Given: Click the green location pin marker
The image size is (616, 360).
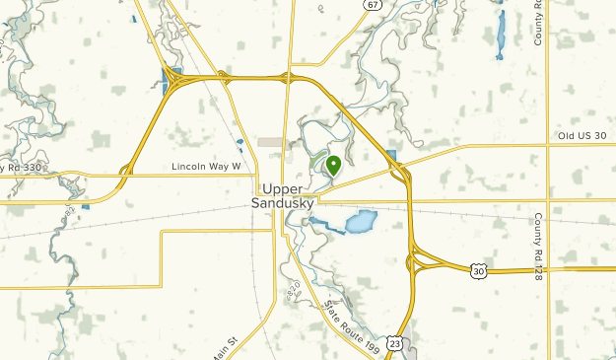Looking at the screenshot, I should point(333,166).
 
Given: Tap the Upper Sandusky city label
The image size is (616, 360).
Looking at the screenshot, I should point(287,196).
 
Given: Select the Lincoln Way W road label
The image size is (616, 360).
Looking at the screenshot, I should point(206,167).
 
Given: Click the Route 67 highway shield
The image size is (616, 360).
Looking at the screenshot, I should point(371,5).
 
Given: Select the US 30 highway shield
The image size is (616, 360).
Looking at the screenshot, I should point(479,269).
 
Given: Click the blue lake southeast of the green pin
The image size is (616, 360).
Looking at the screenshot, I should point(361,221).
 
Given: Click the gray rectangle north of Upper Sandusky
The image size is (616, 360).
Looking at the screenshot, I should point(273,143).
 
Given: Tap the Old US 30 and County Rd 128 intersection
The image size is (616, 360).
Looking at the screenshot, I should point(548,145).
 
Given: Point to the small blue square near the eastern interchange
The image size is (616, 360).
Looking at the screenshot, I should point(394,156).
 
